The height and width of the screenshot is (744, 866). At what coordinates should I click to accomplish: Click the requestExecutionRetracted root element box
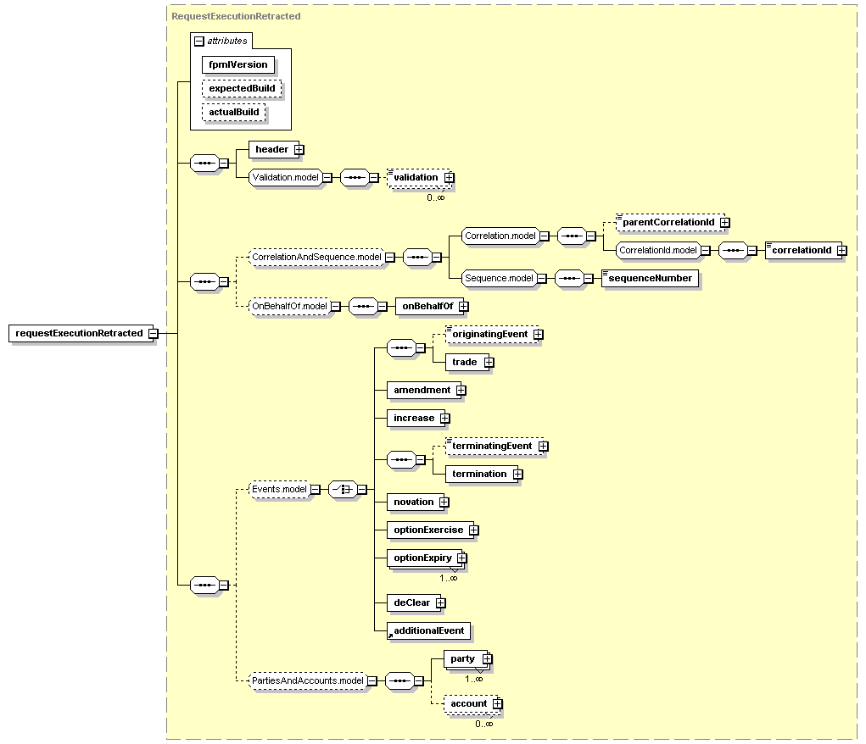[81, 333]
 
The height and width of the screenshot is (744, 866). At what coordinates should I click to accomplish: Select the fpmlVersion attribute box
[238, 64]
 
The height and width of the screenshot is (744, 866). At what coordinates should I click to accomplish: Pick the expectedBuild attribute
[242, 88]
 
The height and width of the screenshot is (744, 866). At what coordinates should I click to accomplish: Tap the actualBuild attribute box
[233, 112]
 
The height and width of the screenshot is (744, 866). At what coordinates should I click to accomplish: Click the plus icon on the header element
[299, 150]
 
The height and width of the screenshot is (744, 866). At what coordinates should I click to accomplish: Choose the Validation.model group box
[286, 178]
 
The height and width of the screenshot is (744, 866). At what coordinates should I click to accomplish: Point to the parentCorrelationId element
[670, 222]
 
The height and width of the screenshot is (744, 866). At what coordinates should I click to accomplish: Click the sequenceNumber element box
[650, 278]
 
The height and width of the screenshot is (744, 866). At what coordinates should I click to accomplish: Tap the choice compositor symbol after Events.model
[343, 490]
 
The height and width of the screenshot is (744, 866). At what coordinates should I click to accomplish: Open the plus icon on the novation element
[444, 502]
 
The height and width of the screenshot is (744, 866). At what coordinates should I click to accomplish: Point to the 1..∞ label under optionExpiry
[449, 578]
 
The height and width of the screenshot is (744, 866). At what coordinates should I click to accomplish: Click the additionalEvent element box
[428, 630]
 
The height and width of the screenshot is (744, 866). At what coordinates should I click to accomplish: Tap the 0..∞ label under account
[483, 724]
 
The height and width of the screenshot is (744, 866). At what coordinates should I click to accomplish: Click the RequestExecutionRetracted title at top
[236, 16]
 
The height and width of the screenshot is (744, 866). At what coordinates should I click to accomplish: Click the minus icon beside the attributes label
[199, 42]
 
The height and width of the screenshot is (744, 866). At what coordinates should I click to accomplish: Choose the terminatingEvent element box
[494, 446]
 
